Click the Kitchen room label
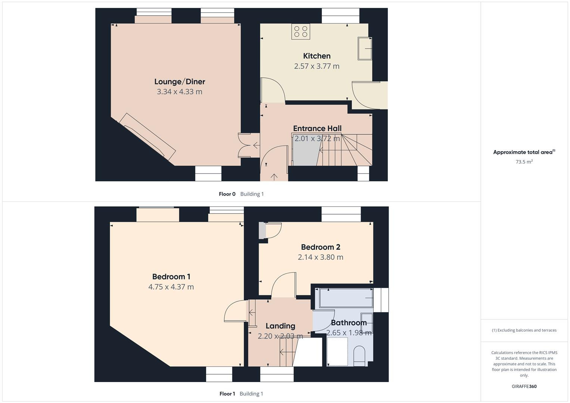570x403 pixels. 317,56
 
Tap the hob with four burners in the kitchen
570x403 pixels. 300,31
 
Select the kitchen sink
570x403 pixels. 365,49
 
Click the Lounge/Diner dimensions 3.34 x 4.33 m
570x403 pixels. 180,92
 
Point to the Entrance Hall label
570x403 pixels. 317,128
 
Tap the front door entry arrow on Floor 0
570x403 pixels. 274,176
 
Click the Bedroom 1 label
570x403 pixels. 171,277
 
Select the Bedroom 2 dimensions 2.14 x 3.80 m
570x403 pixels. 320,257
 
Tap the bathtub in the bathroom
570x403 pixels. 344,298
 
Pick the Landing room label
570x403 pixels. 280,326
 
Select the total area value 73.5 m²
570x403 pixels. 524,162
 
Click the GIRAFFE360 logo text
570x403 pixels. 524,387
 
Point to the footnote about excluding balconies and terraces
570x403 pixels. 524,330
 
